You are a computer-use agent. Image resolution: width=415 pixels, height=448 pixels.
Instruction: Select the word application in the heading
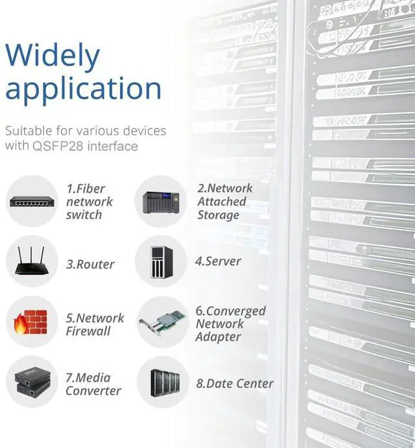[x=83, y=89]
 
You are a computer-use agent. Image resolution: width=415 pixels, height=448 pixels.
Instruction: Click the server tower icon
[x=160, y=261]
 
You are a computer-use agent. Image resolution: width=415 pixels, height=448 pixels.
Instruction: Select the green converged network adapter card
[x=162, y=322]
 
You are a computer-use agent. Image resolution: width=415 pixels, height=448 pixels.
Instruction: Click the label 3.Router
[x=90, y=265]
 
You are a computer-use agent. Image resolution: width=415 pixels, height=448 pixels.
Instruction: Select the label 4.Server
[x=218, y=261]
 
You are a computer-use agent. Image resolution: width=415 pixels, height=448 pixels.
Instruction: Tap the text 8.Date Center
[x=234, y=383]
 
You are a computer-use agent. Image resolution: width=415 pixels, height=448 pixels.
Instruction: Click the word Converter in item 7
[x=93, y=391]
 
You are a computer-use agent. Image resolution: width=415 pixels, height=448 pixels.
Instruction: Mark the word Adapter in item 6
[x=218, y=336]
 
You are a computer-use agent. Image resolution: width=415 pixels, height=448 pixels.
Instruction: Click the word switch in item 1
[x=84, y=215]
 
